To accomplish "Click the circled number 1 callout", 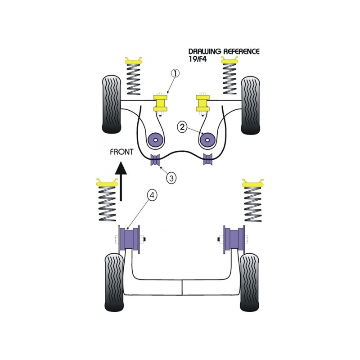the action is tap(175, 73).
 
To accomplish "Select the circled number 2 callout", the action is tap(182, 127).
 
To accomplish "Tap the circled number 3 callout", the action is tap(171, 178).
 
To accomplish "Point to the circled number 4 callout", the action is tap(152, 195).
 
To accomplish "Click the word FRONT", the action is tap(121, 152).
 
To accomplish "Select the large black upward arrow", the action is tap(121, 181).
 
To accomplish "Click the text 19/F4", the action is tap(198, 59).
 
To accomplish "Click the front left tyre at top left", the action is tap(111, 104).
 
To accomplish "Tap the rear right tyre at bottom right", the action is tap(249, 282).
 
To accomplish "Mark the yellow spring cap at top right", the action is tap(230, 60).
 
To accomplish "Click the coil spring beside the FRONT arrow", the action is tap(107, 204).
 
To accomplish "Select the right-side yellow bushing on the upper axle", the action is tap(203, 103).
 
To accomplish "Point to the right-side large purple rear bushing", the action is tap(234, 239).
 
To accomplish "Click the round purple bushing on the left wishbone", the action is tap(156, 140).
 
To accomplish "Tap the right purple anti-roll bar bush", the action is tap(208, 159).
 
